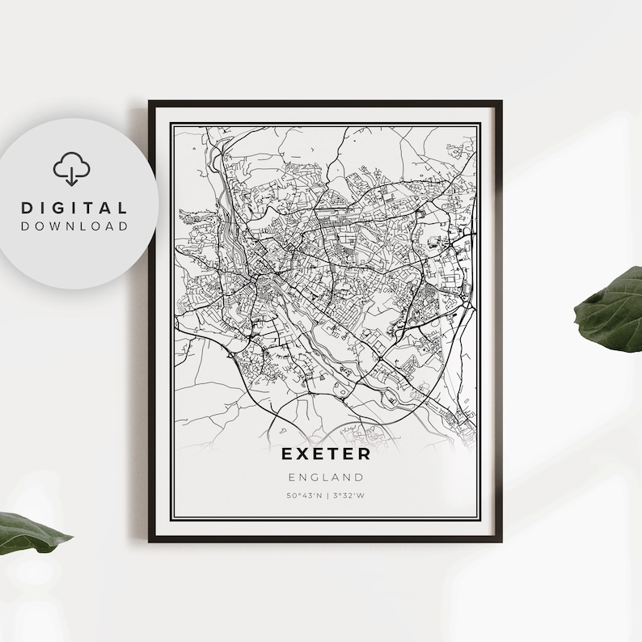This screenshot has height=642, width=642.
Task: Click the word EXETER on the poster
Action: [x=326, y=455]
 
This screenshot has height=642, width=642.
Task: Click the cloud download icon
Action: [x=72, y=169]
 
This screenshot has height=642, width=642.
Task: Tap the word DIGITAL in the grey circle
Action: [x=74, y=209]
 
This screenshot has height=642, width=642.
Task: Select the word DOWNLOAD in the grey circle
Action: [x=74, y=226]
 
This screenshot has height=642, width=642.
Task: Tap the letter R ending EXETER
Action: [x=365, y=455]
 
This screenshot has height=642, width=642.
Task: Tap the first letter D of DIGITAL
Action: [x=27, y=209]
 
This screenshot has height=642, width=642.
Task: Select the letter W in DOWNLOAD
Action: [x=59, y=226]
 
